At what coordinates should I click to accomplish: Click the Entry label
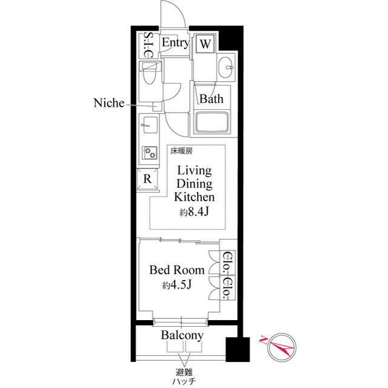point(175,43)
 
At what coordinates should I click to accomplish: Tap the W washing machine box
point(206,44)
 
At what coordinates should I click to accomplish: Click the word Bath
point(212,99)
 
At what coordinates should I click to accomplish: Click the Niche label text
point(109,103)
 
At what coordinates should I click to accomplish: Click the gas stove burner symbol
point(149,152)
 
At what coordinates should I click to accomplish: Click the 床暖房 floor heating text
point(181,150)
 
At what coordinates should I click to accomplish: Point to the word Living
point(194,170)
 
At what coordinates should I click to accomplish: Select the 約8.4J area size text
point(194,212)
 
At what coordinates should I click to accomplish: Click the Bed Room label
point(177,270)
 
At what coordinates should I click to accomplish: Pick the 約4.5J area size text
point(177,286)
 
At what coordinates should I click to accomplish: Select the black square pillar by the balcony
point(237,349)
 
